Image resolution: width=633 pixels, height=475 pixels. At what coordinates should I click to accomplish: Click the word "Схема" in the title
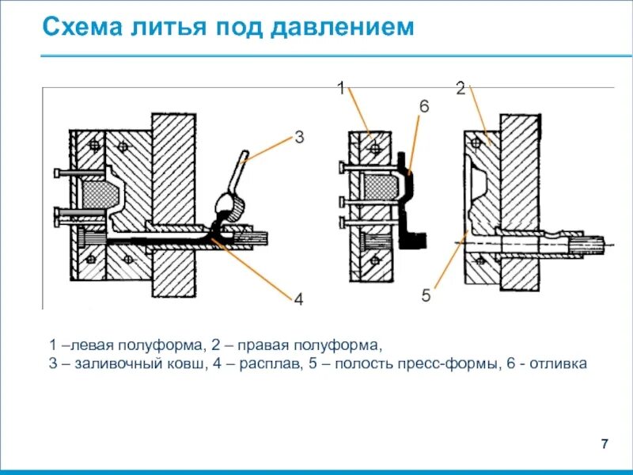(x=80, y=28)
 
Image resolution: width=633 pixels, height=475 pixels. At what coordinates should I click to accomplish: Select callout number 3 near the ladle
(x=299, y=138)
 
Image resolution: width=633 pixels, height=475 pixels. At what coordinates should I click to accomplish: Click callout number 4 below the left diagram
(x=298, y=299)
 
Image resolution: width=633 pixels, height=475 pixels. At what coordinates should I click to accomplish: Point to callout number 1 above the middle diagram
(x=341, y=89)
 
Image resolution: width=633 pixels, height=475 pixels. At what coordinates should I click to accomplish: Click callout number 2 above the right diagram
(x=461, y=89)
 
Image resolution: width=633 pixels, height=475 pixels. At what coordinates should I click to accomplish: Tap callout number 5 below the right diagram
(x=426, y=296)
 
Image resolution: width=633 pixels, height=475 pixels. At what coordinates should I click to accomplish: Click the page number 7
(x=605, y=443)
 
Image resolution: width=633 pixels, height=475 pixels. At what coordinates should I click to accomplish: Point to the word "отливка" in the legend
(x=561, y=364)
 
